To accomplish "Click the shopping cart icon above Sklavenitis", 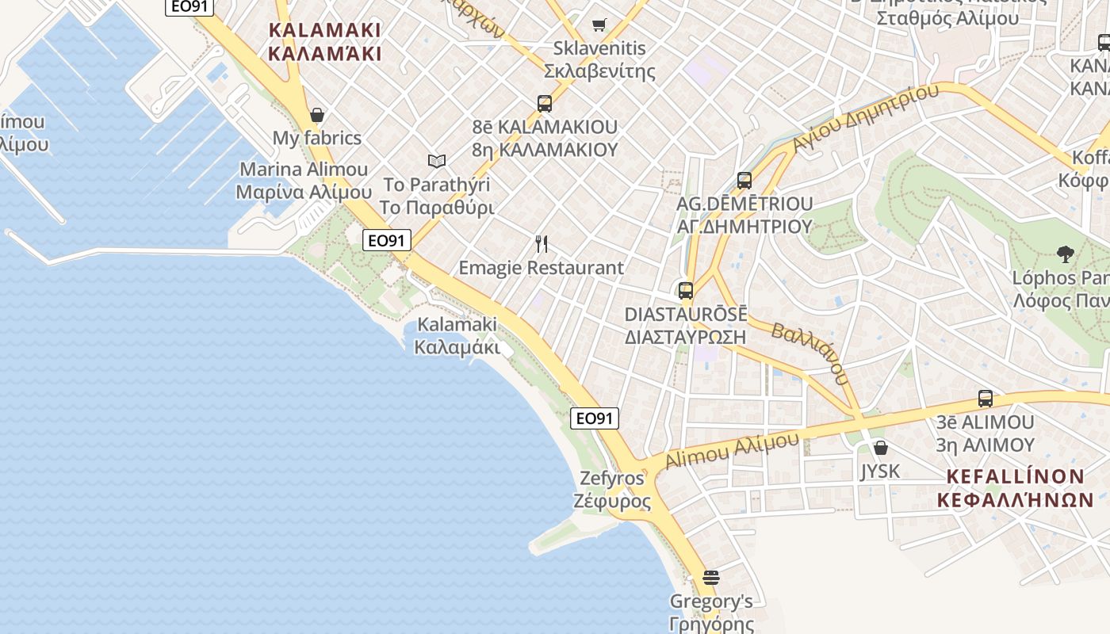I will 599,25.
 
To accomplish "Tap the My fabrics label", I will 317,138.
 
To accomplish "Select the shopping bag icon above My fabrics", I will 317,115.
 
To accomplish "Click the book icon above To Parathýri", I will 437,161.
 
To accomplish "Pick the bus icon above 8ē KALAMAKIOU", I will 545,103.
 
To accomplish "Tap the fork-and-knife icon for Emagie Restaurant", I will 542,243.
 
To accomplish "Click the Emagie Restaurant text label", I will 542,268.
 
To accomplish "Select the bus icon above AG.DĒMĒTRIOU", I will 744,180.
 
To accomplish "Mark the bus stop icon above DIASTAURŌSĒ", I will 686,290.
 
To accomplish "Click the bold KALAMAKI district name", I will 325,42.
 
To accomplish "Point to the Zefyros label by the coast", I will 612,490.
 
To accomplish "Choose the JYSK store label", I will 880,472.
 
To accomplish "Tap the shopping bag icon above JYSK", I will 880,448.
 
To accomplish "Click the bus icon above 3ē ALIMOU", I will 986,398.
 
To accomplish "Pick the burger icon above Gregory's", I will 711,578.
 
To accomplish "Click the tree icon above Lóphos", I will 1066,254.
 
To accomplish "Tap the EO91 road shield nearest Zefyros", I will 595,418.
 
